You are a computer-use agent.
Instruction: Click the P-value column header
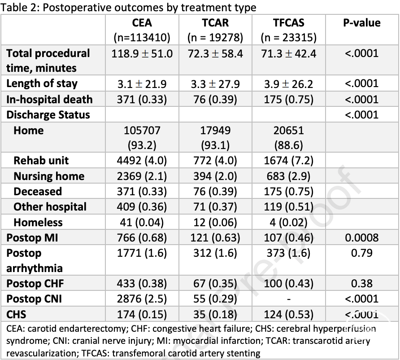(362, 23)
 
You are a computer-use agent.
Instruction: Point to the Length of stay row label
(42, 84)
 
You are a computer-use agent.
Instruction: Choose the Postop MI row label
(32, 238)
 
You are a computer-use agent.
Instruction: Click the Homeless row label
(38, 222)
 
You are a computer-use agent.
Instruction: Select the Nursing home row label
(49, 176)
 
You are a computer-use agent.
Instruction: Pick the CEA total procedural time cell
(142, 54)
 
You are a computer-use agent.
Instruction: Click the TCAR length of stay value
(215, 84)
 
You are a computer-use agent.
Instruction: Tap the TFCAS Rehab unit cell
(288, 161)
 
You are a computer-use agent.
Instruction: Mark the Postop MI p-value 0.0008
(362, 238)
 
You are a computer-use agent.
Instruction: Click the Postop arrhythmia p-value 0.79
(362, 253)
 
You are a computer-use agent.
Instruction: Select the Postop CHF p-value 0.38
(362, 283)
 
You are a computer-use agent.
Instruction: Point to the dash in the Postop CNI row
(288, 299)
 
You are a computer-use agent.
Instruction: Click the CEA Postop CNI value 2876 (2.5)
(142, 299)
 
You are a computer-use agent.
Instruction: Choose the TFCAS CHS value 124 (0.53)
(288, 314)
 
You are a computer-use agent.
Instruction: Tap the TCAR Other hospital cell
(215, 207)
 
